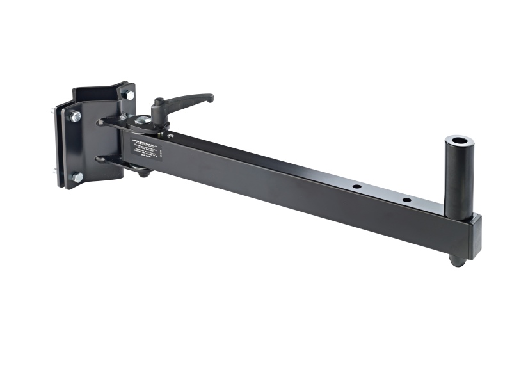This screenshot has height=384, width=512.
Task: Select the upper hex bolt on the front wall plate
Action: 76,117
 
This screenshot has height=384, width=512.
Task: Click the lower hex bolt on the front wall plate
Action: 77,177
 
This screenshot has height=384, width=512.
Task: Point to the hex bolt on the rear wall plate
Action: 129,95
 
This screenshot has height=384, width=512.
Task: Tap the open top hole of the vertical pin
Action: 458,140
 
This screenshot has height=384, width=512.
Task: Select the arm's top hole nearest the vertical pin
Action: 406,200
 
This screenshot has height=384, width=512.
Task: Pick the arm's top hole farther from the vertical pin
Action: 356,186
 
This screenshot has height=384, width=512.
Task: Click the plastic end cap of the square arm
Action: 475,236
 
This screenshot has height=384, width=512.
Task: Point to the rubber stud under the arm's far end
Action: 455,260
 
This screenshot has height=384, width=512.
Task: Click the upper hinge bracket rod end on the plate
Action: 100,122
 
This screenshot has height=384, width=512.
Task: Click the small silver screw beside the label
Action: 169,135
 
